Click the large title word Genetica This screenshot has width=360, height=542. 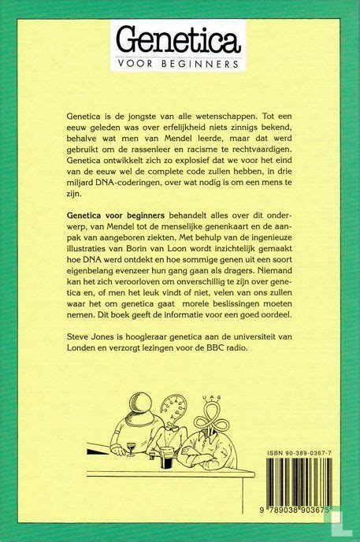click(180, 39)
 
